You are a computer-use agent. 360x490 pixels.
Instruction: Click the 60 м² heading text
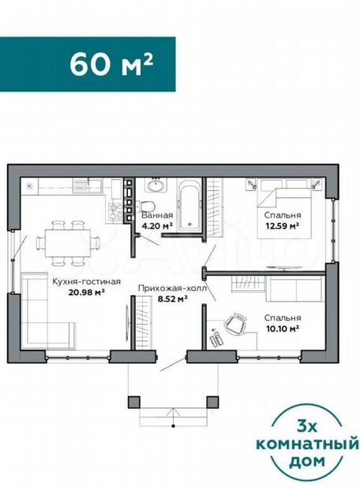point(111,65)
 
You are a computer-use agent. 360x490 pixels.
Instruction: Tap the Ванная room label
point(157,215)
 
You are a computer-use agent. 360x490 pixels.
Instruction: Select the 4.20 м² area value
point(157,226)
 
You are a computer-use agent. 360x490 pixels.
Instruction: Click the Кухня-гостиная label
point(86,282)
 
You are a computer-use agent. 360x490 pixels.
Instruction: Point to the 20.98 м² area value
point(86,292)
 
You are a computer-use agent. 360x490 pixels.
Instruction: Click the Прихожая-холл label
point(172,289)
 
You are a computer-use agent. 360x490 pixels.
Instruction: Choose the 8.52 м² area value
point(172,299)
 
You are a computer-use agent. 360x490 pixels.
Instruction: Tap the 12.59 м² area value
point(283,226)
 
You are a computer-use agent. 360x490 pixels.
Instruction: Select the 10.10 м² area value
point(283,328)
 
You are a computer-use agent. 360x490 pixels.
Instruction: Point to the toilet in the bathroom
point(146,208)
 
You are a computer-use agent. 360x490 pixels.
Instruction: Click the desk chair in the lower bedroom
point(236,324)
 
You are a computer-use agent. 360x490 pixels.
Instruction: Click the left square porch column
point(134,402)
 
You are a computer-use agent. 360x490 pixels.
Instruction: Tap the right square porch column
point(212,402)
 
